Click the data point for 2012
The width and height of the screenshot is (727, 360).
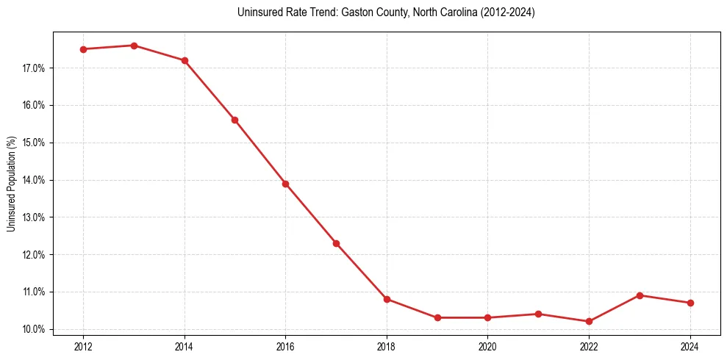coord(84,49)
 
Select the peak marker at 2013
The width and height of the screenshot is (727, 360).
coord(134,46)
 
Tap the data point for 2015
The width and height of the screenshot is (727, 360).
coord(235,120)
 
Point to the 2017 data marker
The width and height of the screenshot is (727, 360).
coord(336,243)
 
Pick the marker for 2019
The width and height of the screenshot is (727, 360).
coord(437,317)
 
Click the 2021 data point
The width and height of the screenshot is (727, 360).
coord(538,314)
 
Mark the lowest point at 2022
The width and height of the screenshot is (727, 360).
coord(589,321)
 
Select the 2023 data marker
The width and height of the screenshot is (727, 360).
coord(640,295)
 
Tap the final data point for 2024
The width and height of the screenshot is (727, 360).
coord(690,303)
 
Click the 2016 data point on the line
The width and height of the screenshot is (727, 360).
coord(285,184)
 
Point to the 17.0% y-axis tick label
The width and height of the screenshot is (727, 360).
coord(34,68)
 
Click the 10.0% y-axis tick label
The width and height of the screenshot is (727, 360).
coord(34,329)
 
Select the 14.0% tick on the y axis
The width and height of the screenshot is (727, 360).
coord(34,180)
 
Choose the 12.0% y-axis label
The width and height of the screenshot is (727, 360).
coord(34,255)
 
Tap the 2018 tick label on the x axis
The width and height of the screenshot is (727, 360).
coord(387,346)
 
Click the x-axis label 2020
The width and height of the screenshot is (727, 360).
coord(487,346)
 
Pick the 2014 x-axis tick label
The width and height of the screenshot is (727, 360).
coord(185,346)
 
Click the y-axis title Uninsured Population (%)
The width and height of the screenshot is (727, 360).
coord(11,184)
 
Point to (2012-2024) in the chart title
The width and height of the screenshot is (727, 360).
coord(508,12)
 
